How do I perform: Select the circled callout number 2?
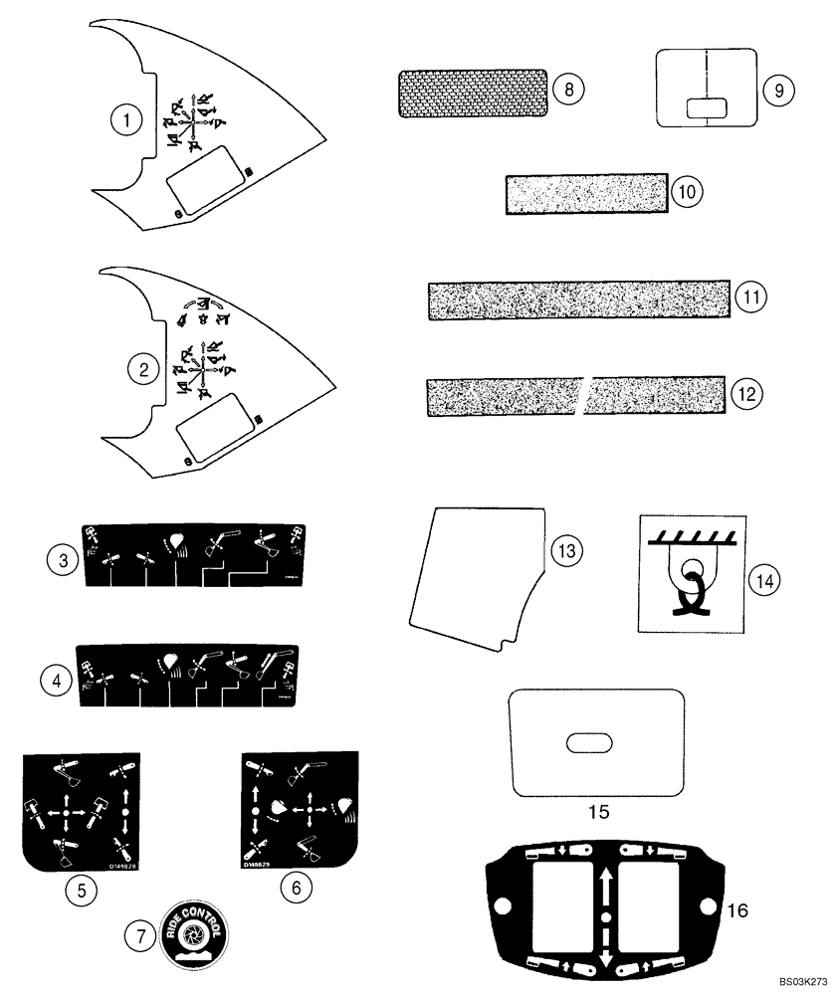144,369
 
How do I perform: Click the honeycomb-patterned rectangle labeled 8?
473,94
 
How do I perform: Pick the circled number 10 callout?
686,191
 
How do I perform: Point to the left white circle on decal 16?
503,907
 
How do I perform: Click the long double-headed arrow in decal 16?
605,908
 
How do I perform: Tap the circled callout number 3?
62,560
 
